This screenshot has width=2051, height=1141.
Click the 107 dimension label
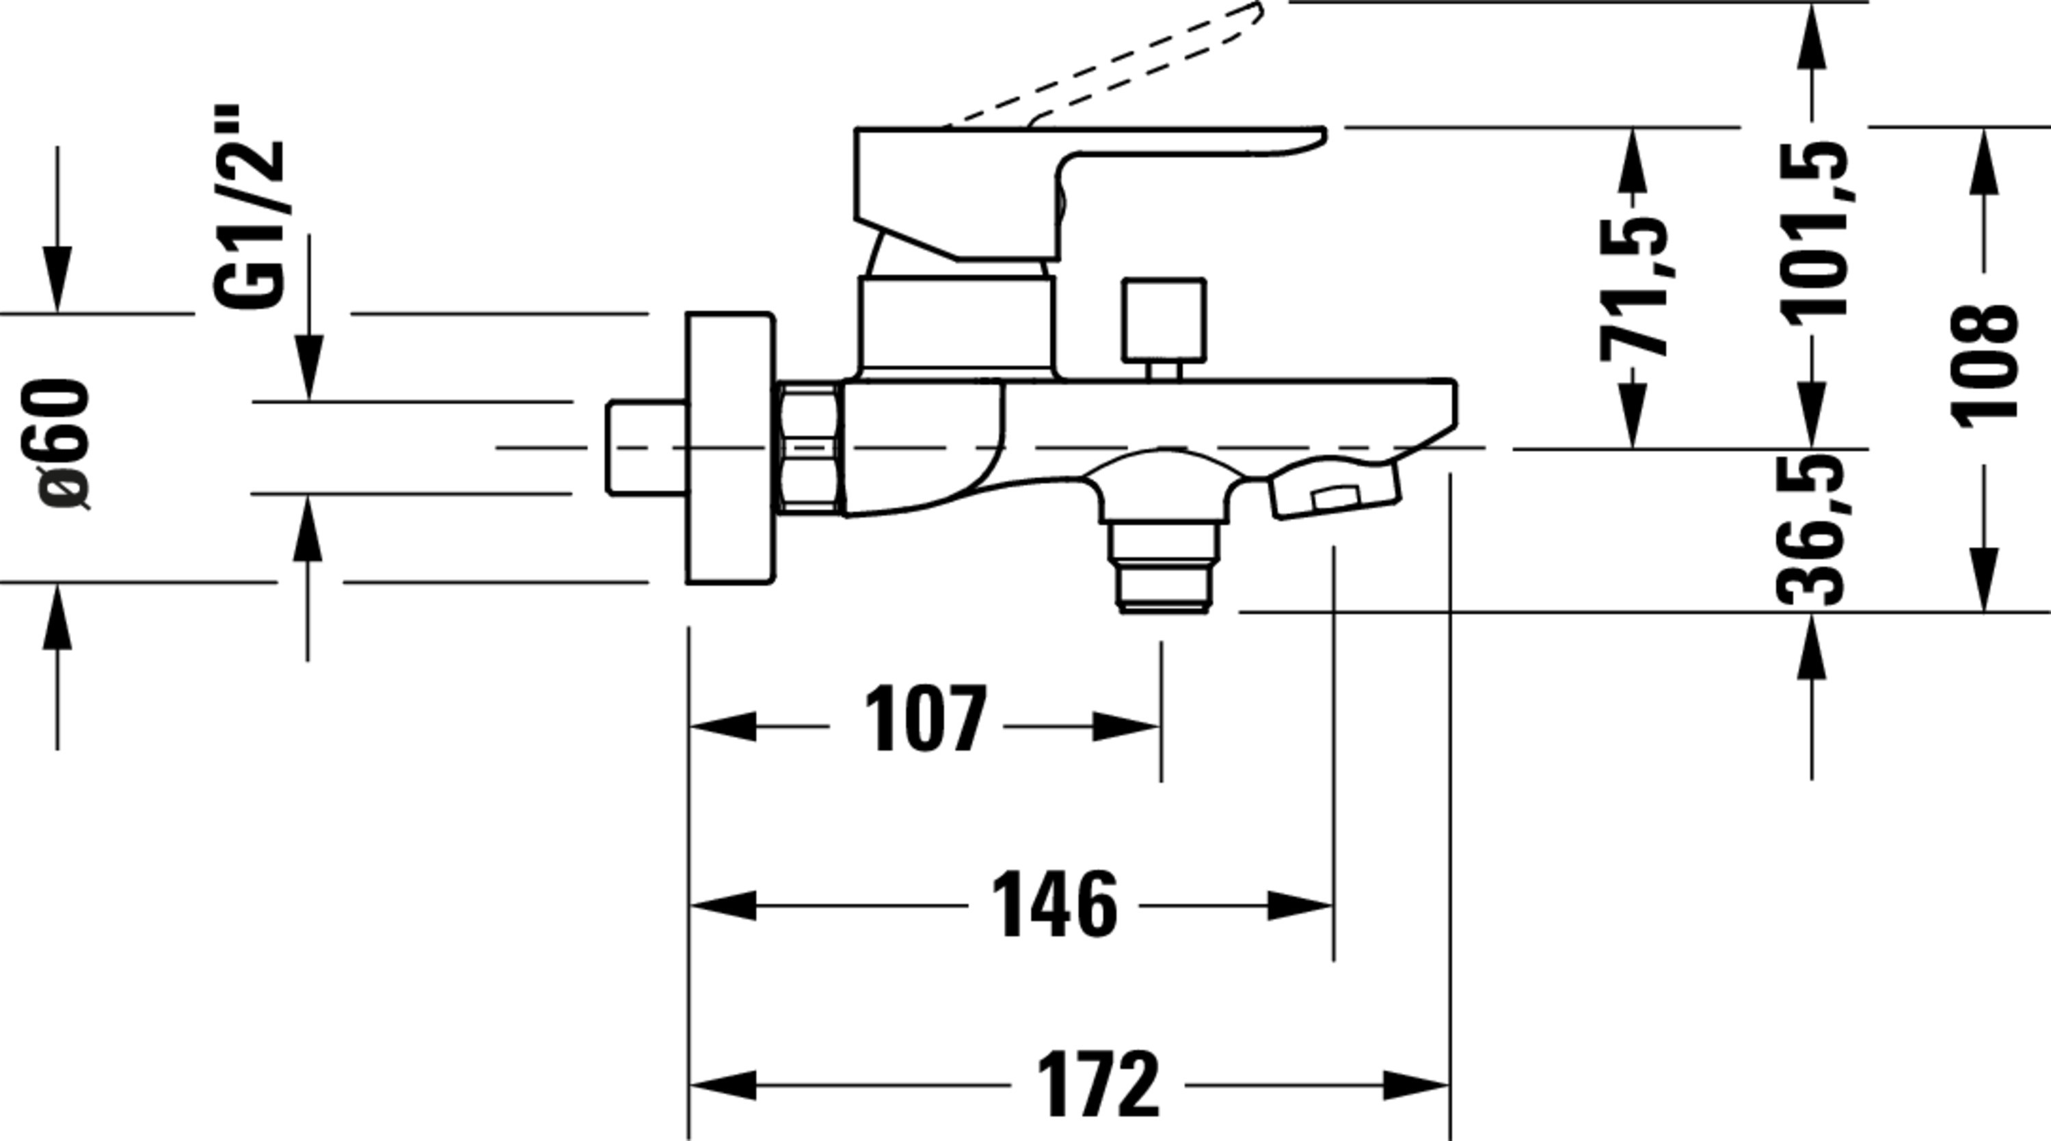[925, 719]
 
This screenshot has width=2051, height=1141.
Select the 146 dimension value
[1054, 906]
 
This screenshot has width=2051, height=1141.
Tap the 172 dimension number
[1098, 1084]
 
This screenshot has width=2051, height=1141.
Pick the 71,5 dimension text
[1635, 288]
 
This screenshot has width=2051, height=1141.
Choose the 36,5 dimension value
[1811, 530]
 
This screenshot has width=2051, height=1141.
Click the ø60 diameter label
[64, 444]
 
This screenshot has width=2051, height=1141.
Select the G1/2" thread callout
[247, 206]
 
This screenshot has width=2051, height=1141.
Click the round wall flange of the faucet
[730, 448]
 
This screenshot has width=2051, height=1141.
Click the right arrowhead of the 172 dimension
[1416, 1085]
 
